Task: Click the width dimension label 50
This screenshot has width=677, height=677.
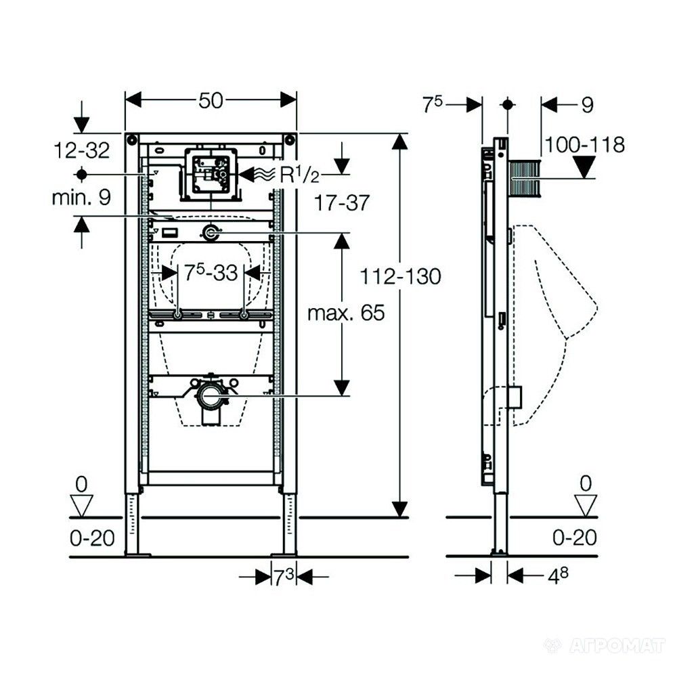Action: [211, 100]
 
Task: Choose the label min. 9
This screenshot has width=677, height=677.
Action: [81, 198]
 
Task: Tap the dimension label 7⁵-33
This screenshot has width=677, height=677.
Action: [211, 273]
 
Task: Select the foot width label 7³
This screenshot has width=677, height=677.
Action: [283, 577]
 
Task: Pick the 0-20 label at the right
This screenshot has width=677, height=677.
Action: [575, 538]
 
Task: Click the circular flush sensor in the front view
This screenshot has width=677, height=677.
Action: [211, 234]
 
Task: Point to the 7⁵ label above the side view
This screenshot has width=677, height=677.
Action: [433, 105]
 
